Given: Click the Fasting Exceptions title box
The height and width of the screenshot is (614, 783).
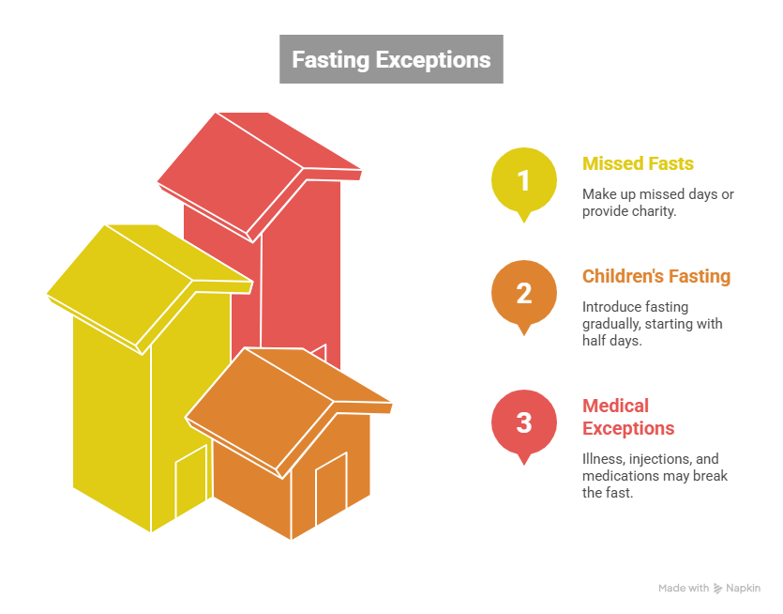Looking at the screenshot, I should click(391, 60).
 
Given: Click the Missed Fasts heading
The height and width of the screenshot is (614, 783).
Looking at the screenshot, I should click(638, 163).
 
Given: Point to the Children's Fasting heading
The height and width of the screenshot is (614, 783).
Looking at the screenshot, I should click(655, 277).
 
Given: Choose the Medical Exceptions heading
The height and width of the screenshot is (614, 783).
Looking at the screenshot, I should click(627, 417).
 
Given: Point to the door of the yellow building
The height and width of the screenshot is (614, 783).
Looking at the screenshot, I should click(190, 483).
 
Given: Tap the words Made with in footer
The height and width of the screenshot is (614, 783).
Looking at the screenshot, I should click(684, 589).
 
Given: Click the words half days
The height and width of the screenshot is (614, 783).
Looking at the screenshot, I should click(611, 341).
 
